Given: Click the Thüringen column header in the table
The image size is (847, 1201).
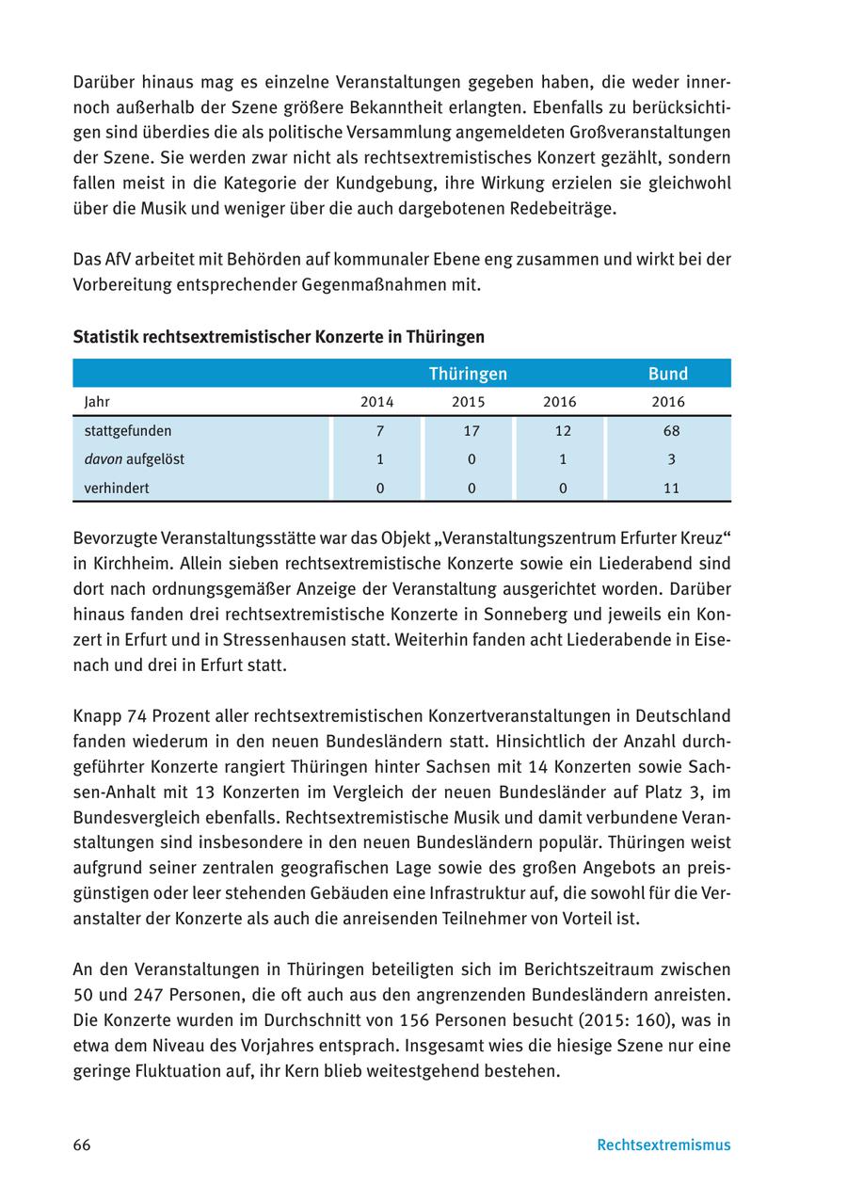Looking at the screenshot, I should point(468,374).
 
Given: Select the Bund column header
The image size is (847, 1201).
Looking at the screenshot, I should point(668,374).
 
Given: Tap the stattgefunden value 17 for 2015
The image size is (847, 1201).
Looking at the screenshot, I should point(471,431).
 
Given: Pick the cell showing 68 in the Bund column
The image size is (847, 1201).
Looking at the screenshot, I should point(671,431).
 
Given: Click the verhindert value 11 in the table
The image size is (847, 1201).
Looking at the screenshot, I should point(671,488).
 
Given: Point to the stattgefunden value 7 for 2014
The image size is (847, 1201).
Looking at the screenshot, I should point(379,431).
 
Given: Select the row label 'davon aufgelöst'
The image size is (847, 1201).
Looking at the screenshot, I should point(134,459).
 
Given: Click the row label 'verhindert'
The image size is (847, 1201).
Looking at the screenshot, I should point(117,488).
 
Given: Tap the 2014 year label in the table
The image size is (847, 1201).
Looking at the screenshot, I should point(377,402).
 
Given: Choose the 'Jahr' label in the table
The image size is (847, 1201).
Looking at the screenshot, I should point(97,402).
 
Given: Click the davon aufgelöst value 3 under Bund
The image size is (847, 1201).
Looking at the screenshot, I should point(671,459).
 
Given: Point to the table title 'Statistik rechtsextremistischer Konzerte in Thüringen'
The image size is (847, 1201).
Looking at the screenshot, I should point(279,337).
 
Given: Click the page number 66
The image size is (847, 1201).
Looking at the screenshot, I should point(82,1145).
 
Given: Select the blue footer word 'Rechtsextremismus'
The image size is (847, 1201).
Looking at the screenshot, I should point(663,1145).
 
